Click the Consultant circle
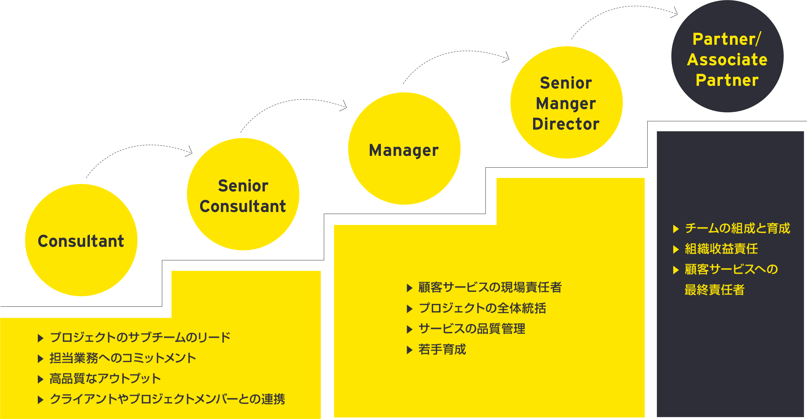click(81, 240)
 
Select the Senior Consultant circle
click(243, 194)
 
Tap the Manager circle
click(404, 149)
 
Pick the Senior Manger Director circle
click(566, 103)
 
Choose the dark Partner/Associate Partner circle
click(727, 56)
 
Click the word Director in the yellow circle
click(566, 124)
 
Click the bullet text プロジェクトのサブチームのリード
click(140, 338)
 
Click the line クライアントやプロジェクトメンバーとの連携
click(167, 399)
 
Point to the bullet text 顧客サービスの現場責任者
click(490, 288)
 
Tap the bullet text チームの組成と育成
click(737, 228)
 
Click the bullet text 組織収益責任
click(721, 249)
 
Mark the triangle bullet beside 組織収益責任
click(676, 249)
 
